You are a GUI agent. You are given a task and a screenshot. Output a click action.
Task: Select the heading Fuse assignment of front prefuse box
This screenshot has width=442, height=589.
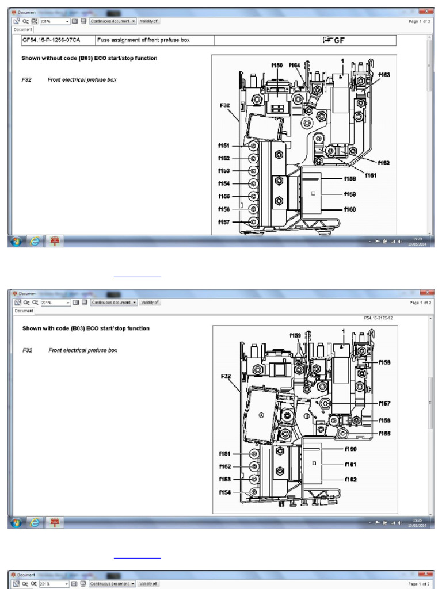click(143, 40)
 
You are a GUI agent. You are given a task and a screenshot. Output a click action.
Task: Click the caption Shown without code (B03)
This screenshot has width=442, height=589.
click(89, 58)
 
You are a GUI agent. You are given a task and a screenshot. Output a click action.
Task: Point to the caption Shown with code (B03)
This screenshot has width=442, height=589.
click(86, 328)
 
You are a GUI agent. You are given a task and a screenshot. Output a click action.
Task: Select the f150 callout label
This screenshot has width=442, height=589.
click(277, 65)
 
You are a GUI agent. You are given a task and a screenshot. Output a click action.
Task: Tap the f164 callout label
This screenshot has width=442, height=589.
click(295, 65)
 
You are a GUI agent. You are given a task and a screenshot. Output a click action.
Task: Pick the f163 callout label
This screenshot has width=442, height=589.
click(384, 75)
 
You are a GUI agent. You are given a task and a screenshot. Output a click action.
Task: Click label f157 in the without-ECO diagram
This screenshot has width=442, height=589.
click(224, 222)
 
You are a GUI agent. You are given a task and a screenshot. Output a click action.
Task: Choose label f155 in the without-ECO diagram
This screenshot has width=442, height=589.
click(224, 196)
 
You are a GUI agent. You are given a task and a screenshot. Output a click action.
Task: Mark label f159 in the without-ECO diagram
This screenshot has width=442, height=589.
click(350, 194)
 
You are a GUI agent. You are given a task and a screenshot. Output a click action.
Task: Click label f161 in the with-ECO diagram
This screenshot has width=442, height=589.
click(351, 464)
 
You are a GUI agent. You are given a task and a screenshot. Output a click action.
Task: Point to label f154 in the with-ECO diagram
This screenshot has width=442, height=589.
click(225, 492)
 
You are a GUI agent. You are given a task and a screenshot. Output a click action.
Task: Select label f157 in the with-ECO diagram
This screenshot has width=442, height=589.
click(384, 404)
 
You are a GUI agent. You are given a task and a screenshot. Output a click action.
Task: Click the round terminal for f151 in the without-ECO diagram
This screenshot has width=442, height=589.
click(253, 146)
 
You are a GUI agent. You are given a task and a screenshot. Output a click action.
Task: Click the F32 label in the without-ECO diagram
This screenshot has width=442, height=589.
click(224, 105)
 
